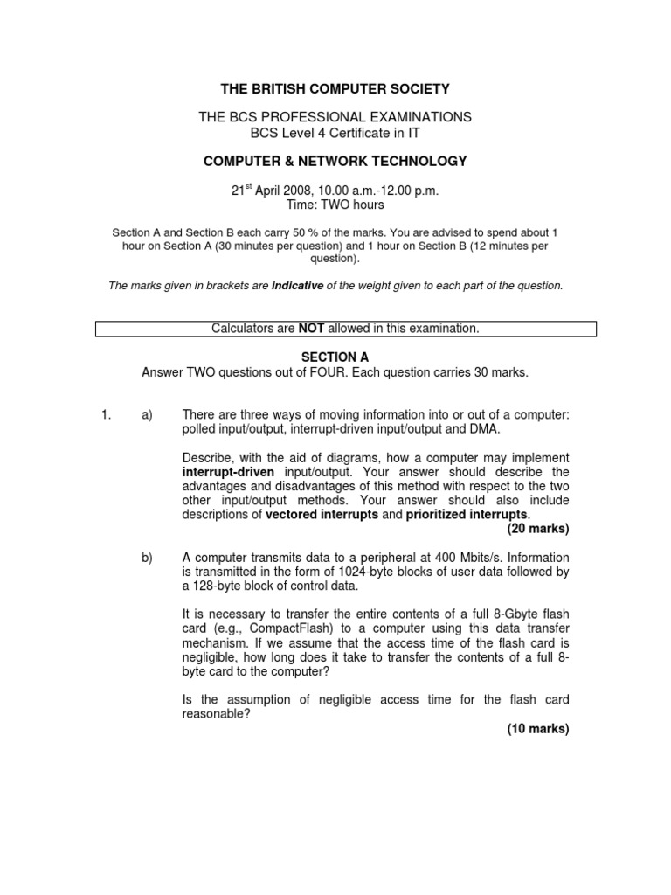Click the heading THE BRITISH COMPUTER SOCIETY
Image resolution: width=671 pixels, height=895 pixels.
tap(335, 88)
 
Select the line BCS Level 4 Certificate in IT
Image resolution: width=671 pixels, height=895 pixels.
tap(335, 133)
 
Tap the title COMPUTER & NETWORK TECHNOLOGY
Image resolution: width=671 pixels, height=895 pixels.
tap(335, 161)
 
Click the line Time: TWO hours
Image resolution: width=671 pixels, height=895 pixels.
tap(335, 205)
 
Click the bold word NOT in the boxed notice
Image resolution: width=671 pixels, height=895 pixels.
tap(312, 328)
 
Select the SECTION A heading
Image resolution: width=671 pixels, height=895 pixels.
tap(335, 357)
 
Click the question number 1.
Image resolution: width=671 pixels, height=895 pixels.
tap(105, 415)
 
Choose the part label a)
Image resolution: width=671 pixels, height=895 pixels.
tap(147, 415)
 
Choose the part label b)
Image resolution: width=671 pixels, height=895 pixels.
tap(147, 558)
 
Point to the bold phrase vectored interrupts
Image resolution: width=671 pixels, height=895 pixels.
tap(322, 515)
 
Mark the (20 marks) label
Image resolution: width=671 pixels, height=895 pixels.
tap(537, 529)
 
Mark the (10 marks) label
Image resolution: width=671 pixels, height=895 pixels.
tap(537, 729)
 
